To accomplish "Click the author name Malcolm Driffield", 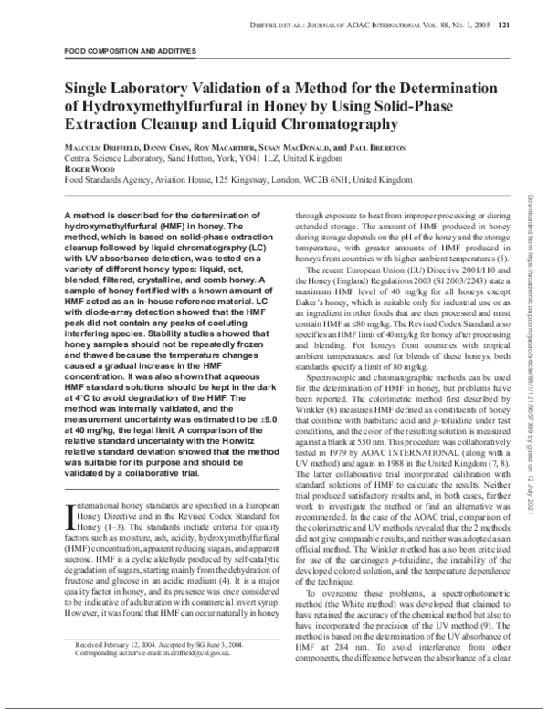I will tap(102, 147).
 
